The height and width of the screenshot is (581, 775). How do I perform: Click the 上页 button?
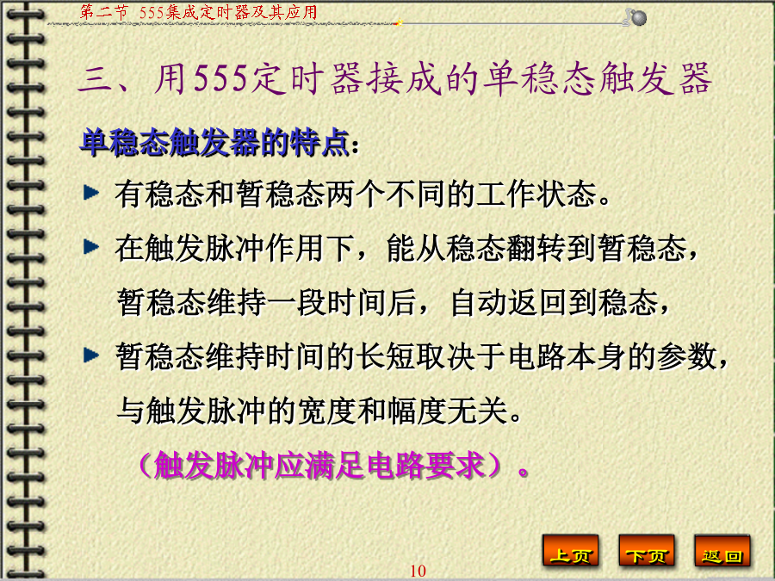[571, 551]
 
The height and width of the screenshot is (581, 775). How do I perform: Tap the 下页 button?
[647, 551]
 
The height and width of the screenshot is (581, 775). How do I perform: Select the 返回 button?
[722, 551]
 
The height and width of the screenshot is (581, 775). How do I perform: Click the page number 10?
[418, 572]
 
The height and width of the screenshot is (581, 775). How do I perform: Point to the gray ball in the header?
[639, 18]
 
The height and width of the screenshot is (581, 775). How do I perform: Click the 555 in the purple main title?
[220, 78]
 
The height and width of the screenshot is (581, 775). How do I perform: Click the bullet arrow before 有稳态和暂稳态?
[91, 192]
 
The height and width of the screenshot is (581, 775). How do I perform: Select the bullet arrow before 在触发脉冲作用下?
[91, 246]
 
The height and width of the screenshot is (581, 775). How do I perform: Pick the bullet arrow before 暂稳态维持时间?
[91, 355]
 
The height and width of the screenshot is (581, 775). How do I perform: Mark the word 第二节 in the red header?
[103, 12]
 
